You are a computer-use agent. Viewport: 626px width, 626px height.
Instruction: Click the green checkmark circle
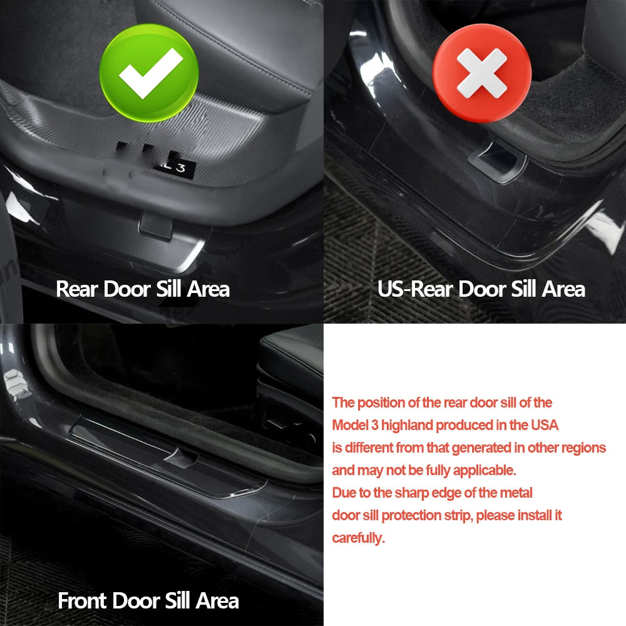coord(149,73)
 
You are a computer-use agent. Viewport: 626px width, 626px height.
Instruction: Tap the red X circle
coord(482,73)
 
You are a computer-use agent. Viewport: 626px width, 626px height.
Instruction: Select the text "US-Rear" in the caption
coord(415,289)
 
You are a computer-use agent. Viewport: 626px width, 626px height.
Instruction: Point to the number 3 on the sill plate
coord(181,168)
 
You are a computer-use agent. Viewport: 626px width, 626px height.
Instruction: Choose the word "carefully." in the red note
coord(359,538)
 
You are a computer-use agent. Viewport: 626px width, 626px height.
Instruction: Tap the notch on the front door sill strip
coord(181,458)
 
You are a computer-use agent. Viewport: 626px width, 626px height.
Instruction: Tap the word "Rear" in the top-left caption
coord(77,289)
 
